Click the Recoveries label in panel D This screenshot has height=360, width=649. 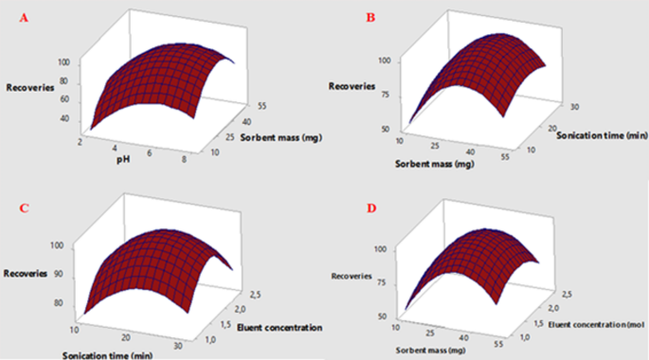click(352, 277)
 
